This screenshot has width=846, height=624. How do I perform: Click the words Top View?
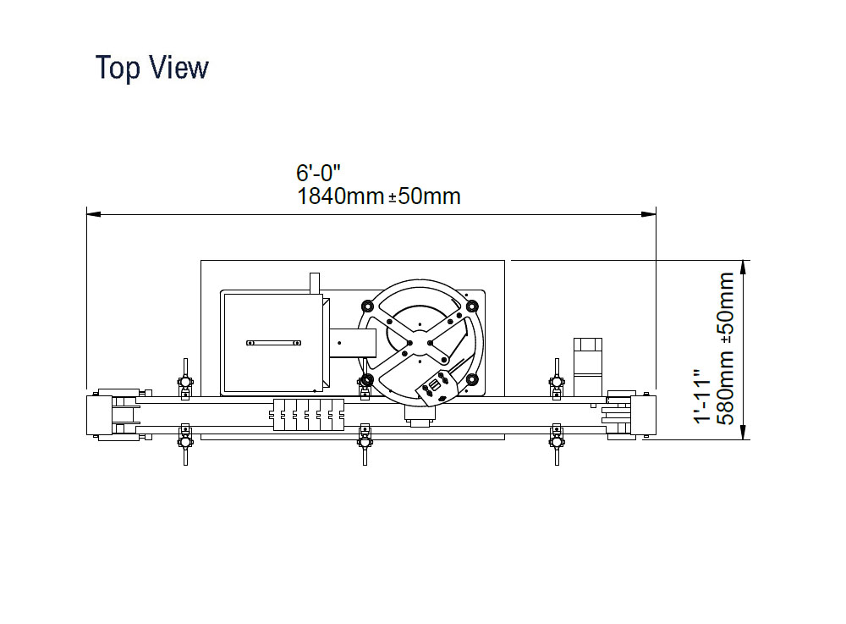click(151, 68)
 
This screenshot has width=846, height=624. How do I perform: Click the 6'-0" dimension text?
click(318, 173)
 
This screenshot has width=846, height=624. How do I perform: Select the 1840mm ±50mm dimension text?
click(379, 196)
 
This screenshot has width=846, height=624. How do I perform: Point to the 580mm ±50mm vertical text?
click(726, 349)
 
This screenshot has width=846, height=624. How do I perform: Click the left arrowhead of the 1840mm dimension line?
click(93, 214)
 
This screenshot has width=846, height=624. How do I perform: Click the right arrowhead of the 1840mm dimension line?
click(649, 214)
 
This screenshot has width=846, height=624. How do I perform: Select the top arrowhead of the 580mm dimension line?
click(744, 268)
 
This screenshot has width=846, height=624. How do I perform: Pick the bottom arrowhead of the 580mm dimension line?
click(744, 433)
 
